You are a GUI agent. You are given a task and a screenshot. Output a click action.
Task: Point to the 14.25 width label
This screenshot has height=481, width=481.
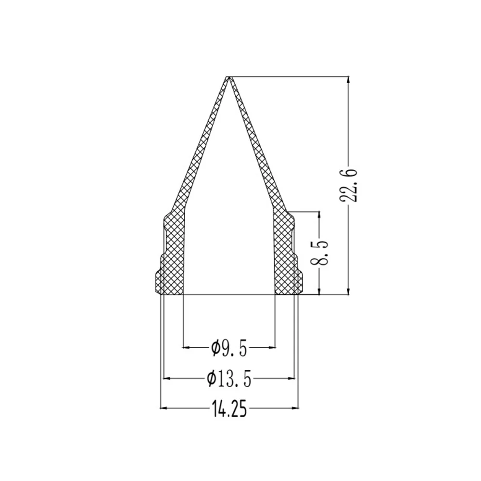[228, 409]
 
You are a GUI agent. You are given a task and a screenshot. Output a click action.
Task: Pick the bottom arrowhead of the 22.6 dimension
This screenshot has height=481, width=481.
[348, 291]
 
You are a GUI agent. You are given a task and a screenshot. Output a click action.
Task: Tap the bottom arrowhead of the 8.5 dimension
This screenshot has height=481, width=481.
[319, 291]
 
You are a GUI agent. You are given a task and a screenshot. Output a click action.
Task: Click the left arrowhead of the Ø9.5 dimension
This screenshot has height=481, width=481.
[188, 346]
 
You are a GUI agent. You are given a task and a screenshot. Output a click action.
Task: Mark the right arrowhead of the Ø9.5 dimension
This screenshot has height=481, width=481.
[271, 346]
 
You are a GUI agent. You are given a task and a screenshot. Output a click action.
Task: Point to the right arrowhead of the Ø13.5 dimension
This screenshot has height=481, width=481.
[291, 379]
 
